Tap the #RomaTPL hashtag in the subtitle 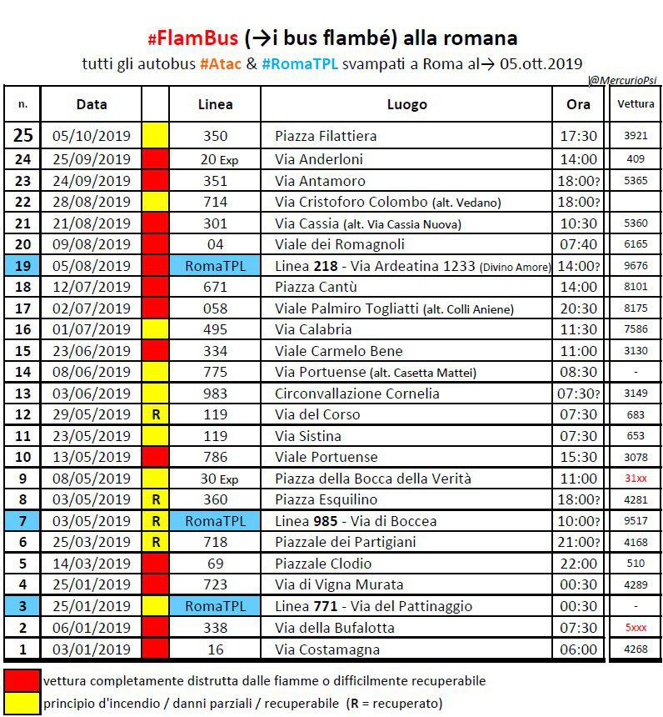point(300,64)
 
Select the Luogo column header point(406,104)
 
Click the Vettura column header point(636,104)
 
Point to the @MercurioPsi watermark point(623,80)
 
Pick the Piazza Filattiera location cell point(326,135)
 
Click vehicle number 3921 point(636,135)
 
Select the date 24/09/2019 point(92,181)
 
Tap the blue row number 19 point(22,266)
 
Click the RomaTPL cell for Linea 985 point(215,521)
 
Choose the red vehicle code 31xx point(636,479)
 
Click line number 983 point(215,394)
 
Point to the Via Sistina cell point(308,436)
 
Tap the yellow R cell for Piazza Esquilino point(155,500)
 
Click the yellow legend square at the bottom point(22,703)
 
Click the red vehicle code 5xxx point(636,628)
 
